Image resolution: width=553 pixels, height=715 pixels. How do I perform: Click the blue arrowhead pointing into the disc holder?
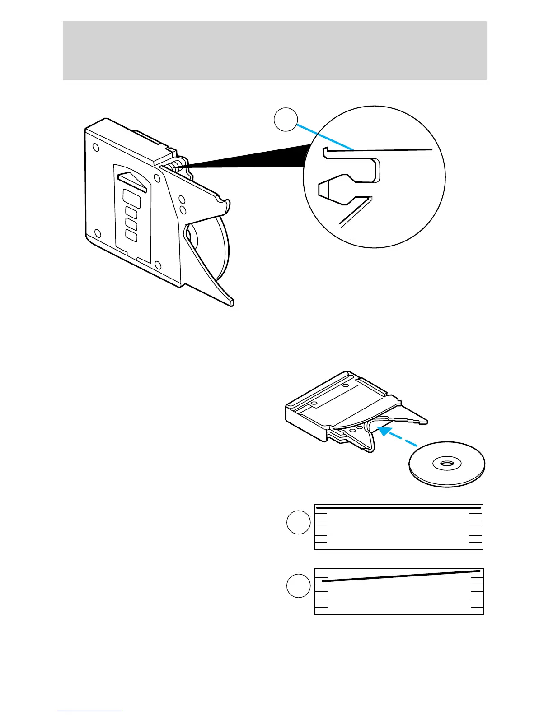coord(384,431)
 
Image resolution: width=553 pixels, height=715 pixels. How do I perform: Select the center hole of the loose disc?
coord(446,463)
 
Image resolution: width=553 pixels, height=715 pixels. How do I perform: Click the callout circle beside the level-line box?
coord(298,522)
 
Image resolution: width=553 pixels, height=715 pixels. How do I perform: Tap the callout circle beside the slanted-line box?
coord(298,586)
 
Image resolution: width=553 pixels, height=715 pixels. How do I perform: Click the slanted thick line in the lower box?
coord(400,576)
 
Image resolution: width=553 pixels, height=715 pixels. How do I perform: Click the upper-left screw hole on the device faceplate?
coord(95,147)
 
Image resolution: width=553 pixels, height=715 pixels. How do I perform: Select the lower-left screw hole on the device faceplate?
coord(97,233)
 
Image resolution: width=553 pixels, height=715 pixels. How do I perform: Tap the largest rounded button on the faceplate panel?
coord(131,199)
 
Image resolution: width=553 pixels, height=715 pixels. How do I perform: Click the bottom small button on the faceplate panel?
coord(131,235)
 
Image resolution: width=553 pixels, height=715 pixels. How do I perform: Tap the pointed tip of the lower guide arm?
coord(231,302)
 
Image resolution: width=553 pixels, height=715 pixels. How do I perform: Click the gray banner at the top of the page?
coord(274,51)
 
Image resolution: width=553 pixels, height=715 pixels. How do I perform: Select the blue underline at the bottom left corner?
coord(89,711)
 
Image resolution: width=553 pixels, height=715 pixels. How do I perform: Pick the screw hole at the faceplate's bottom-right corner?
coord(158,265)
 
